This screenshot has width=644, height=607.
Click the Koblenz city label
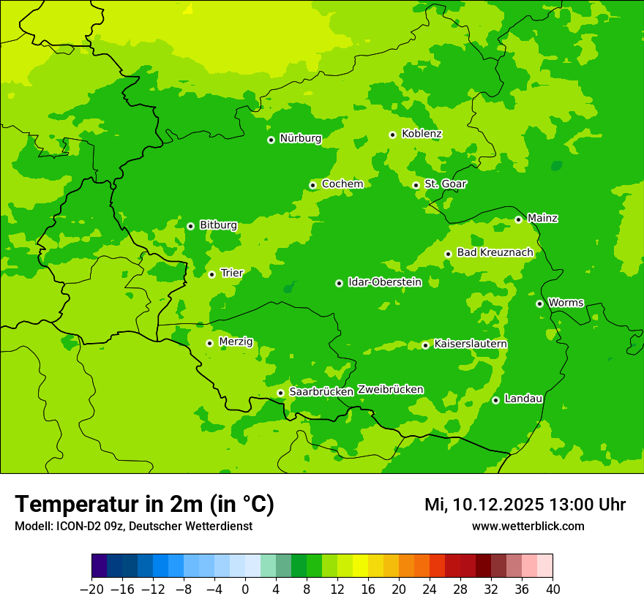point(422,134)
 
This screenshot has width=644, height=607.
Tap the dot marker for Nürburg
point(271,139)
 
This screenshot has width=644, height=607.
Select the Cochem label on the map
point(342,184)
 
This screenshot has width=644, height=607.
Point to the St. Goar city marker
point(416,185)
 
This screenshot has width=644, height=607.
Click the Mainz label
point(542,219)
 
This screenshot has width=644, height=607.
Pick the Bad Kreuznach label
point(495,253)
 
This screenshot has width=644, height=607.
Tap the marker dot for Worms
point(539,303)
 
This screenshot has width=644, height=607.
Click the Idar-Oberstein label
point(384,282)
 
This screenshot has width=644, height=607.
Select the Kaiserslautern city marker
point(425,345)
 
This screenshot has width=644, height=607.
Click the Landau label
point(523,399)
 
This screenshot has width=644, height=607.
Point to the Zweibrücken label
point(390,390)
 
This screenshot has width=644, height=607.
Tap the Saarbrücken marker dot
point(280,393)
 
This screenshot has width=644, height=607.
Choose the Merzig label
point(236,342)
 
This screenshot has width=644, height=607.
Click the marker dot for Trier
point(211,274)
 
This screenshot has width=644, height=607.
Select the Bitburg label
point(218,225)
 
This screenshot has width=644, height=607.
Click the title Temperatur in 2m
point(144,504)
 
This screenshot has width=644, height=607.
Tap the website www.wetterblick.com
point(528,526)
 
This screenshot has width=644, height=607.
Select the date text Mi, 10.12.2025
point(484,505)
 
